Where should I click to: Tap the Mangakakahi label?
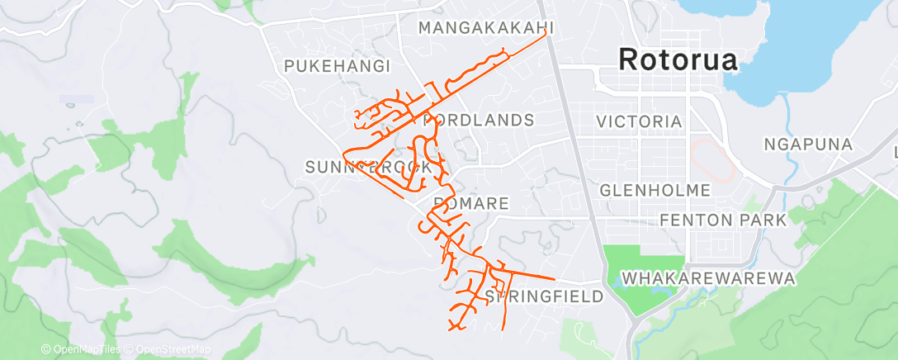484,29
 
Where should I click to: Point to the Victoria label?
640,122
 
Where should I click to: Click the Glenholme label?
655,191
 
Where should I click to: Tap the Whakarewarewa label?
709,278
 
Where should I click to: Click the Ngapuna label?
807,144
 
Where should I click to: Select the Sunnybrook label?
368,168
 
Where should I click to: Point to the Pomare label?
471,203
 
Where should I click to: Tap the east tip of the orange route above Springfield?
554,277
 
